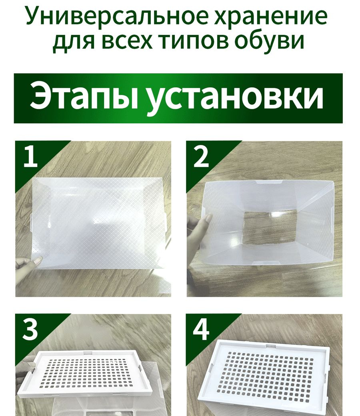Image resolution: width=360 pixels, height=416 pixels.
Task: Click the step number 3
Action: click(x=30, y=330)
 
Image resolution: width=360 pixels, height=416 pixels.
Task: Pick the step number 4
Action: click(x=201, y=330)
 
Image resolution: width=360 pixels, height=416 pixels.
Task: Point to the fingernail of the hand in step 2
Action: click(x=208, y=219)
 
